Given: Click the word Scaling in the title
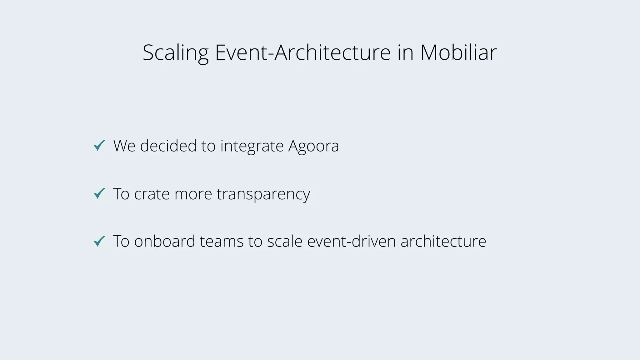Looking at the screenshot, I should pyautogui.click(x=175, y=52).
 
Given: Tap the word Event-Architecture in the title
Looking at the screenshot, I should pyautogui.click(x=302, y=52).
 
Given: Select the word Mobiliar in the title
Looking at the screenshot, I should pyautogui.click(x=458, y=52).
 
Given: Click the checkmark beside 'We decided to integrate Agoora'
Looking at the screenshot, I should pyautogui.click(x=99, y=145).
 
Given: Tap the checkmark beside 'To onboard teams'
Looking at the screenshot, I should pyautogui.click(x=99, y=241).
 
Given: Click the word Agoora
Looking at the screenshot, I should pyautogui.click(x=313, y=146).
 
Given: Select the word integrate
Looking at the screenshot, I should pyautogui.click(x=252, y=146).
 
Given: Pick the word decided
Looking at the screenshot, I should pyautogui.click(x=168, y=146).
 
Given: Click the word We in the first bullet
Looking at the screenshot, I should pyautogui.click(x=124, y=146).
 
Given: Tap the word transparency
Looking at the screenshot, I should pyautogui.click(x=263, y=194).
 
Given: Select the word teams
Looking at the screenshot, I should pyautogui.click(x=222, y=241).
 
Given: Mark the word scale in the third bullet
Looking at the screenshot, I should pyautogui.click(x=285, y=241).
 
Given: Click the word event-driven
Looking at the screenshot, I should pyautogui.click(x=352, y=241).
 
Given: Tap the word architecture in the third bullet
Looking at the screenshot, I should pyautogui.click(x=443, y=241).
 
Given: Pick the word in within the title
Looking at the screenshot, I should pyautogui.click(x=405, y=52).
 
